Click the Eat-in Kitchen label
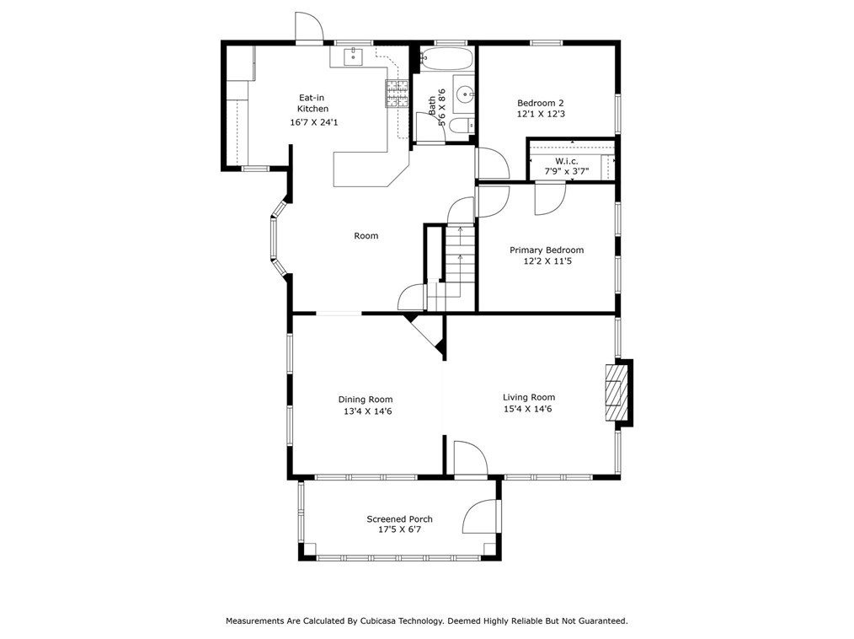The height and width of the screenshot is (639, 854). point(312,103)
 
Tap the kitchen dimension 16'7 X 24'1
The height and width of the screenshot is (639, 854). point(313,122)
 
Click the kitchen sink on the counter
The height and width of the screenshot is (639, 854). point(352,56)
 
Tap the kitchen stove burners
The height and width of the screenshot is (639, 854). point(397,94)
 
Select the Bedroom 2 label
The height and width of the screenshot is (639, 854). point(540,103)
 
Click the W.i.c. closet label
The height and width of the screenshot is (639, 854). point(565,161)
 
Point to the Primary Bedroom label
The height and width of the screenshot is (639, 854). point(546,250)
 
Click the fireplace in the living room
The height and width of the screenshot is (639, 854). point(618,390)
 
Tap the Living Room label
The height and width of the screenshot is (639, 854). point(529,398)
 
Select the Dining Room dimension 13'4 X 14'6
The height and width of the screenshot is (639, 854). point(366,411)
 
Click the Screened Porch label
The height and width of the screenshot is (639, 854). point(399,519)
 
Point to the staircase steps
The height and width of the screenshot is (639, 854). point(460,257)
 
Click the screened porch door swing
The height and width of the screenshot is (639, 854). point(482,517)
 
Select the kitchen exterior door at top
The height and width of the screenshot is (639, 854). point(308,28)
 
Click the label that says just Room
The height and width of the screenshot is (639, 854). point(366,236)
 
